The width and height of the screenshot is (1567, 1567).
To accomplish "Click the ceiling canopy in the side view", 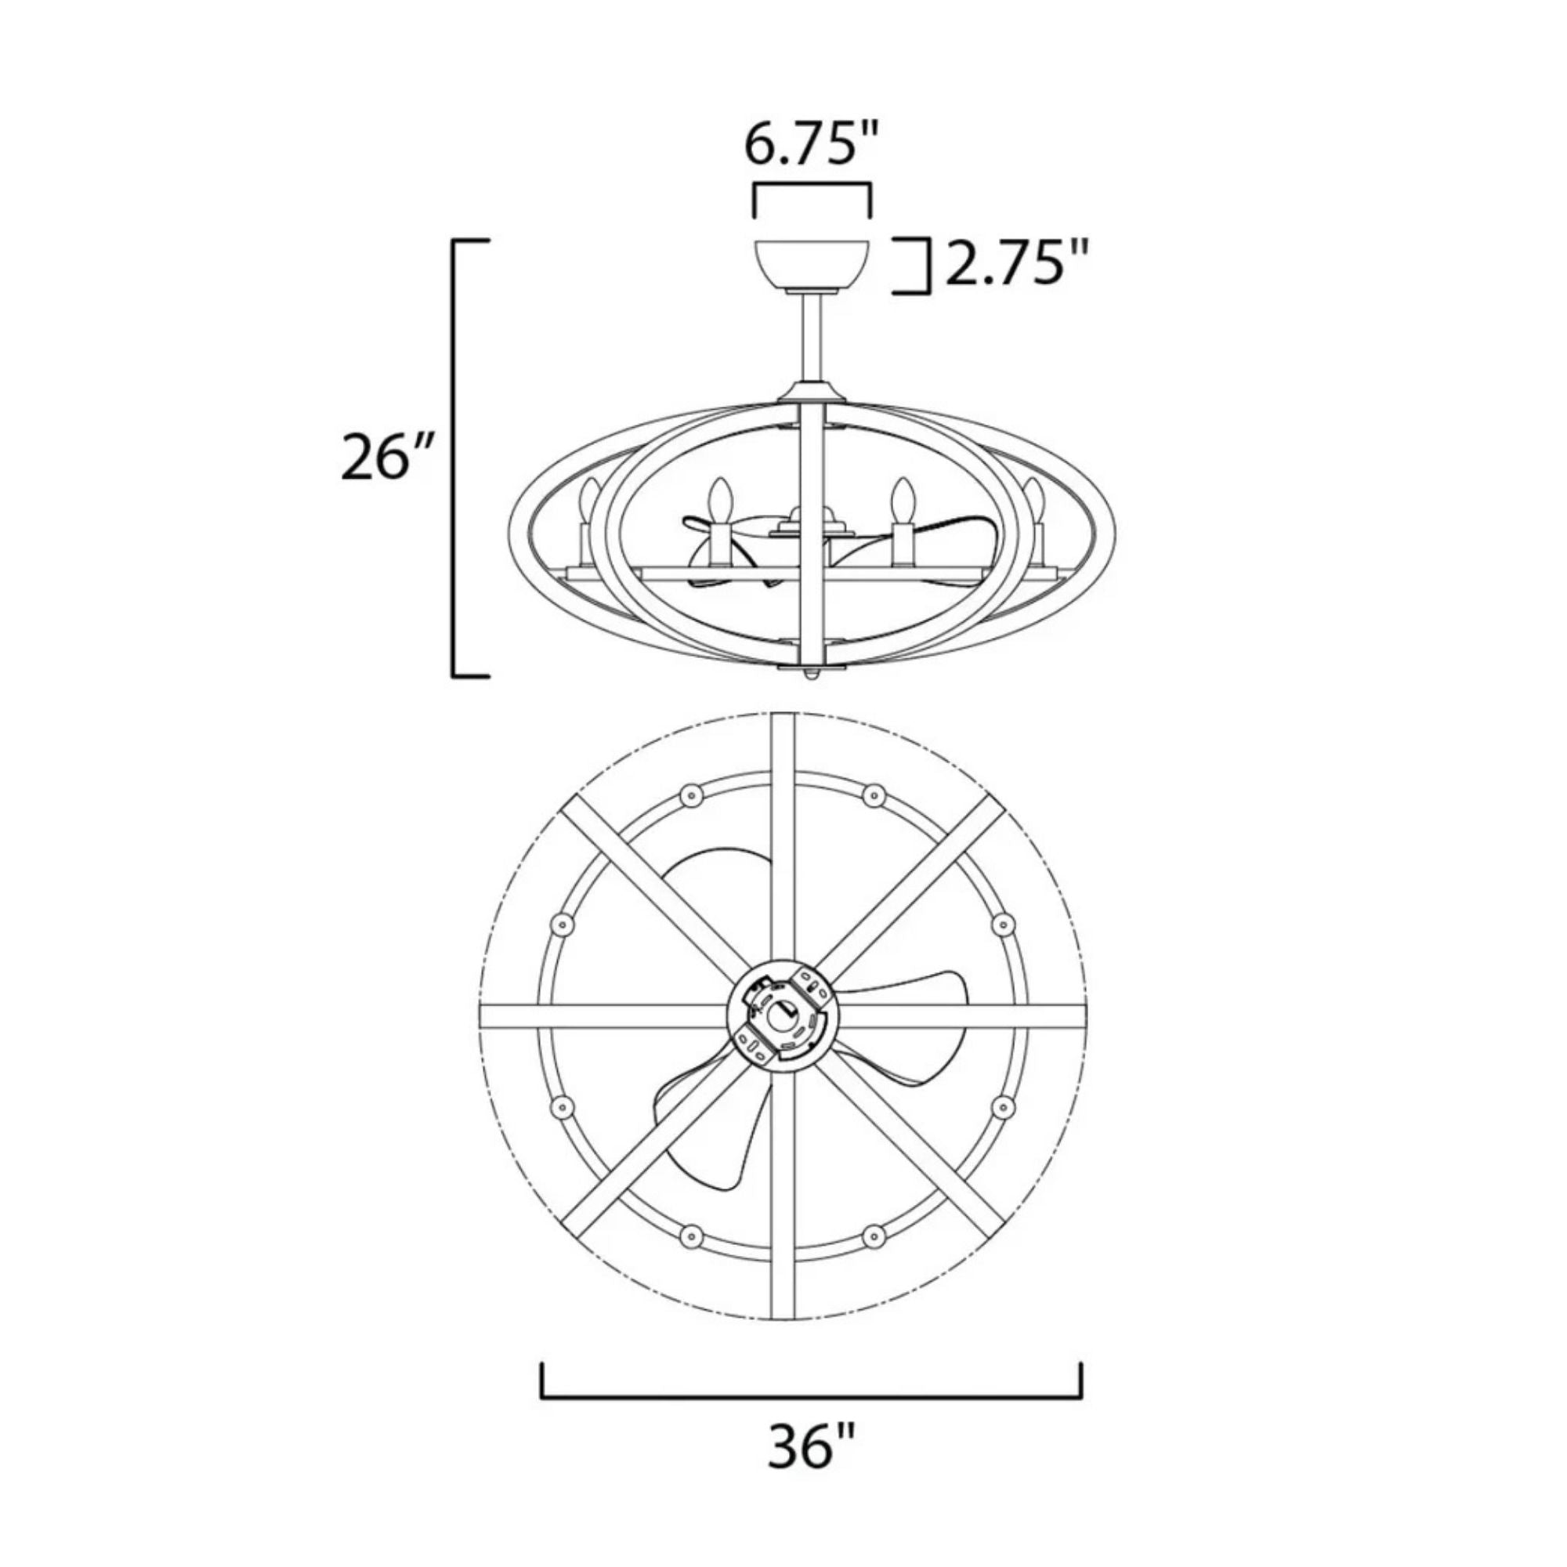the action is pos(812,266).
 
